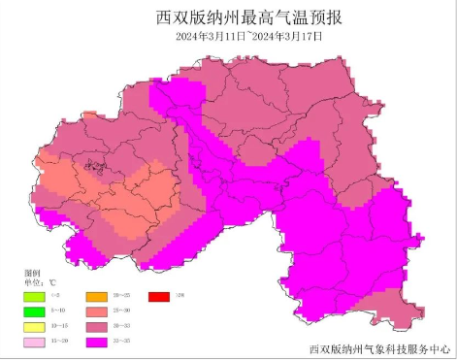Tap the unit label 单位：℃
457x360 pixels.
(x=38, y=282)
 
